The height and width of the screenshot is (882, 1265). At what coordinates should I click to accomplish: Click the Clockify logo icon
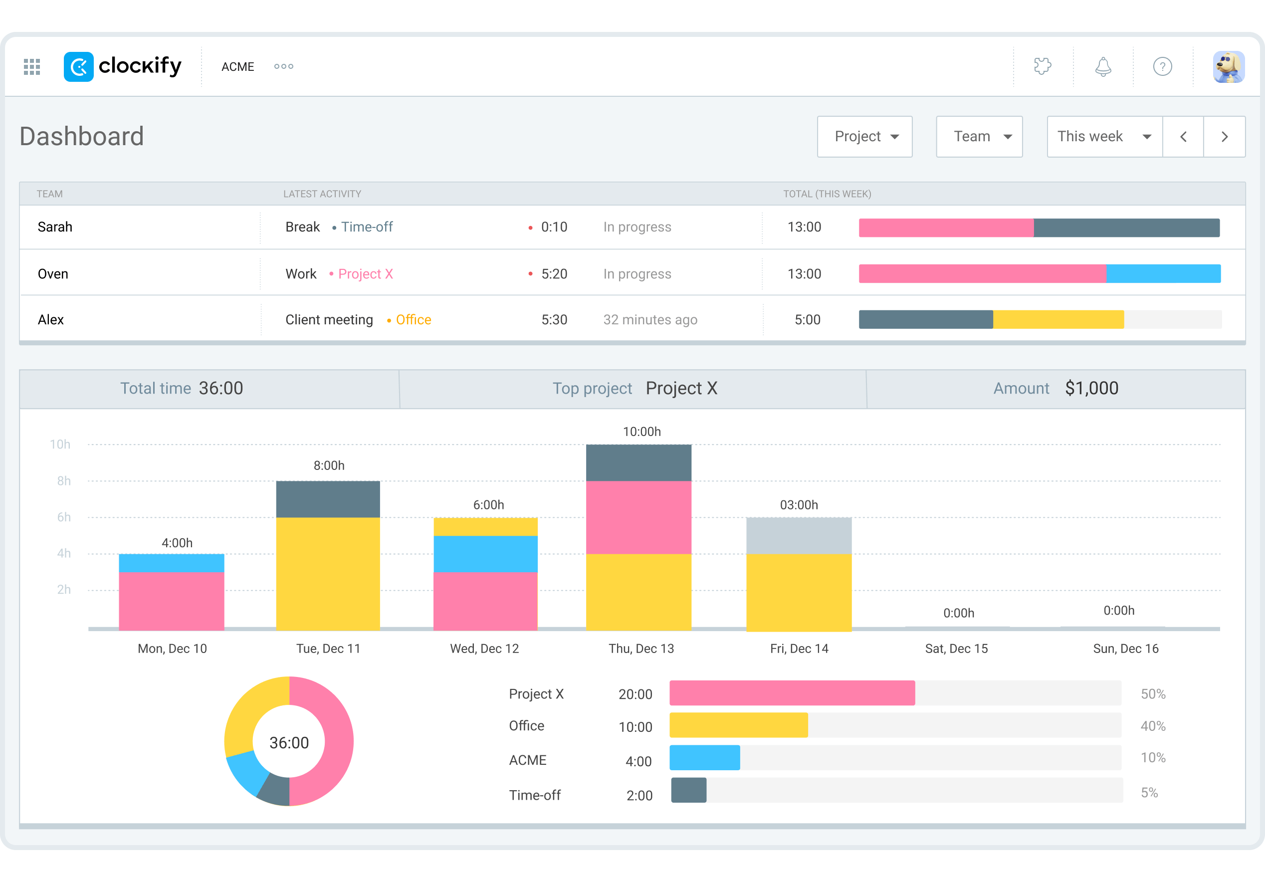point(78,67)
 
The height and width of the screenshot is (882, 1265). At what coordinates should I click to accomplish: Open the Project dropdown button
point(864,137)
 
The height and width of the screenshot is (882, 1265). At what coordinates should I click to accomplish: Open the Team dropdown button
point(979,137)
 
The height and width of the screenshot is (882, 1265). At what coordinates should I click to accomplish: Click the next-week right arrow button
point(1224,137)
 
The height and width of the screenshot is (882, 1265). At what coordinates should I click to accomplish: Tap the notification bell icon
point(1102,67)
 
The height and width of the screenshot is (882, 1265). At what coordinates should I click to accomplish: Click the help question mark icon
point(1162,67)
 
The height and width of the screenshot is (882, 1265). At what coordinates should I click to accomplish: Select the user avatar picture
point(1228,67)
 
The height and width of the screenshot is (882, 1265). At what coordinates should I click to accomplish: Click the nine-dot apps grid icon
point(32,67)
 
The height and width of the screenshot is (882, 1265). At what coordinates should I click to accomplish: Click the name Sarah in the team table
point(54,227)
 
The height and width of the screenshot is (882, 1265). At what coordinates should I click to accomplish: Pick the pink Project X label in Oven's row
point(365,274)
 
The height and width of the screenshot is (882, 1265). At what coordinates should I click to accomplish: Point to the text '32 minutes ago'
point(649,319)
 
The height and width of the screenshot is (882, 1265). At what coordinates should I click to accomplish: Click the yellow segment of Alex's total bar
point(1058,319)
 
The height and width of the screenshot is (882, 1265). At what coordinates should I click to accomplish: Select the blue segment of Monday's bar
point(172,563)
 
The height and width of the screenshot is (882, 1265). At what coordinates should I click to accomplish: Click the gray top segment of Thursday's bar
point(638,463)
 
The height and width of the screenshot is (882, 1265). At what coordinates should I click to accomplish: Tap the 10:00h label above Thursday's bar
point(641,432)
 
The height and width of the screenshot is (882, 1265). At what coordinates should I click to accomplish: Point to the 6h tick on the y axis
point(63,517)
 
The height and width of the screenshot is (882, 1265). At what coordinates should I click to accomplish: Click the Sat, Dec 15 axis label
point(956,649)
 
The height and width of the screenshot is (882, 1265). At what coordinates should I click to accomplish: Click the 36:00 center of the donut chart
point(289,743)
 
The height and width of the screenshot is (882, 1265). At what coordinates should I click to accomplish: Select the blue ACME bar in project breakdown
point(704,758)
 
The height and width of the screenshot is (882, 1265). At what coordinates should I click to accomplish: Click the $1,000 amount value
point(1091,389)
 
